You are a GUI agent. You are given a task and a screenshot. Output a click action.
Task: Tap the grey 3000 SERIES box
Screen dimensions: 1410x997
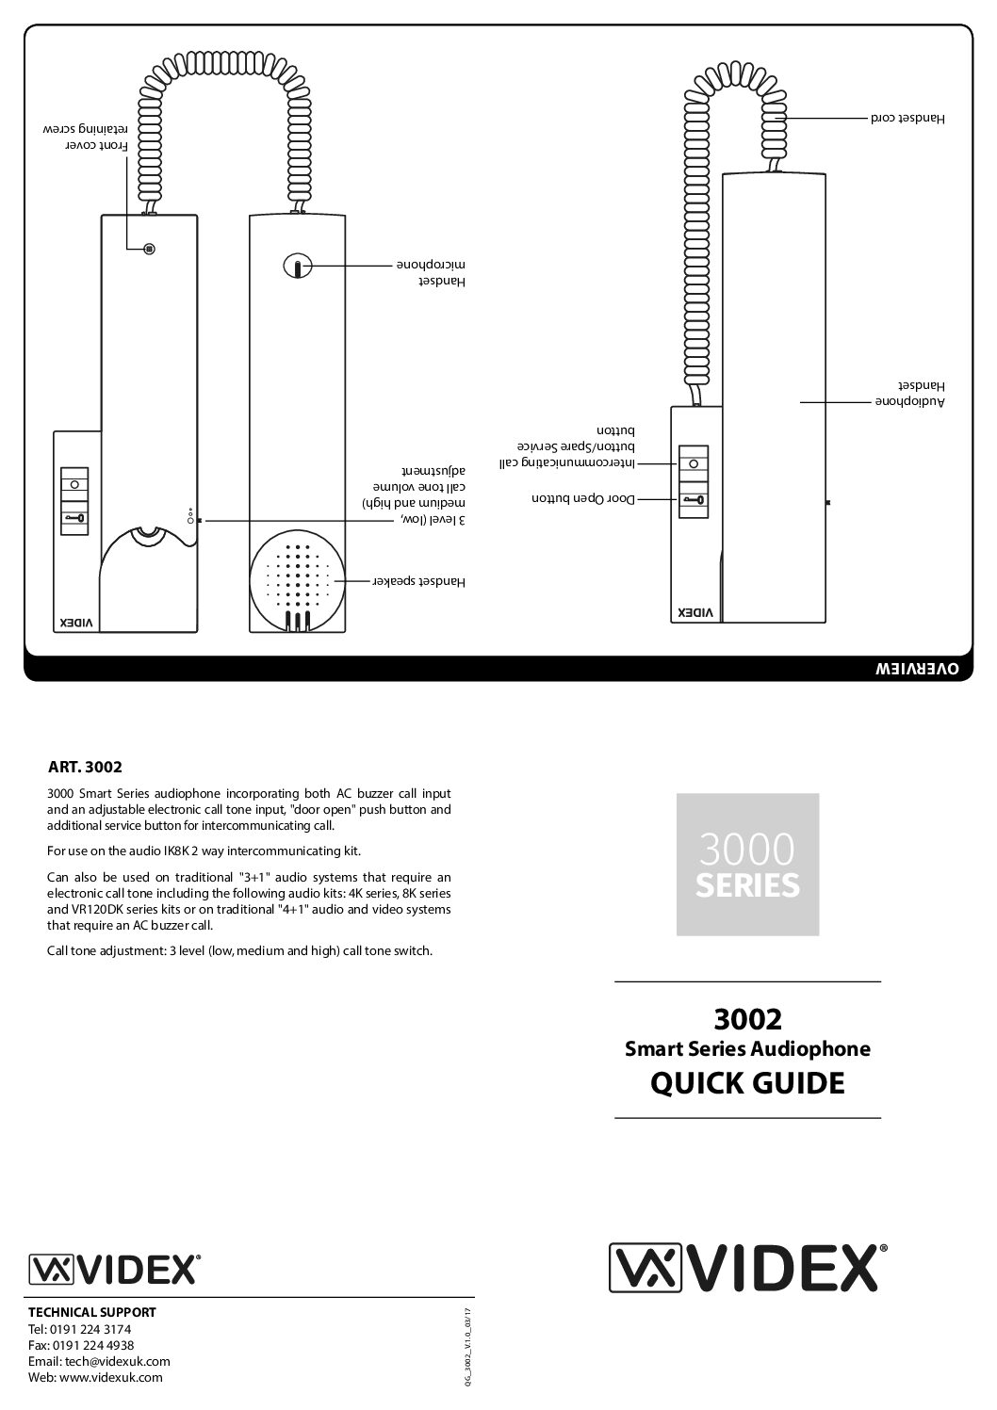tap(747, 864)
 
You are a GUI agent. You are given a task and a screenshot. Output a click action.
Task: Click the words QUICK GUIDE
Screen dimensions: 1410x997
tap(747, 1083)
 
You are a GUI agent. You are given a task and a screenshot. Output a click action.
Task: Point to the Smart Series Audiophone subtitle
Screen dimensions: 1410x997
tap(747, 1048)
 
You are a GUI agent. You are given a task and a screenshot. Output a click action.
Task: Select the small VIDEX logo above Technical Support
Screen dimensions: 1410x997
tap(114, 1269)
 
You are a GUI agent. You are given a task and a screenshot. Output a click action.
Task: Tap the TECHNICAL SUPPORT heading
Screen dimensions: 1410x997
tap(92, 1312)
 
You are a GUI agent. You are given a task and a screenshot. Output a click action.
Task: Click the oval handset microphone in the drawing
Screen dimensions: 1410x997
tap(297, 267)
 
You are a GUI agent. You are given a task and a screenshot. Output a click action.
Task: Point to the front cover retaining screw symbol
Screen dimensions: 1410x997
tap(148, 250)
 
